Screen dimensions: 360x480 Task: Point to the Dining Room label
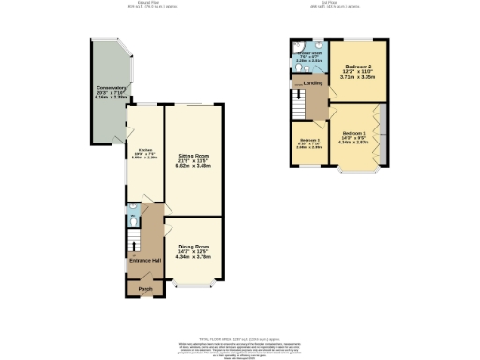[193, 247]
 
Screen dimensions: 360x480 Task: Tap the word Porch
[145, 288]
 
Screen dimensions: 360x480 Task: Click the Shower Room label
[309, 53]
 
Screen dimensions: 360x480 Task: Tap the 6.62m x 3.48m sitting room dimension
[193, 166]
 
